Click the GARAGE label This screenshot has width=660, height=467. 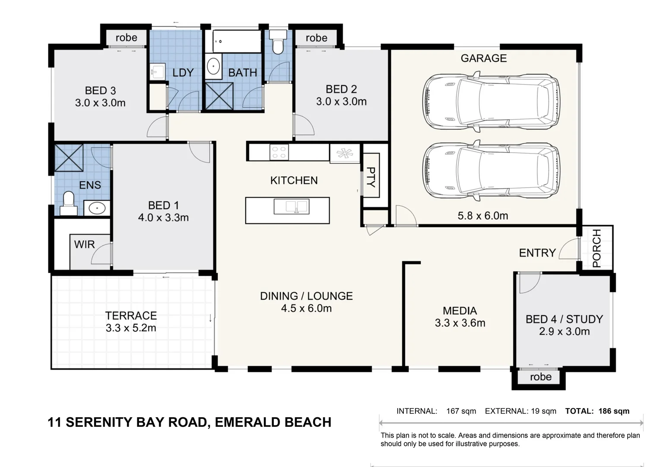[483, 58]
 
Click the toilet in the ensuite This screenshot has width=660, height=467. [68, 202]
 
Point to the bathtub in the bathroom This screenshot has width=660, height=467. [237, 41]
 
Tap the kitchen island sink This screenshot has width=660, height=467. [291, 207]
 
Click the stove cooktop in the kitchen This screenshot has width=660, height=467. [279, 152]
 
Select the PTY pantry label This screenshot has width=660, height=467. [371, 176]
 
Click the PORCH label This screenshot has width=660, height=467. [597, 248]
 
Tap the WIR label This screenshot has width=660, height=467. [84, 244]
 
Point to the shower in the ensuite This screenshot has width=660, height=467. [69, 158]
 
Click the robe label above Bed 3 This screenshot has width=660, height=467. [126, 38]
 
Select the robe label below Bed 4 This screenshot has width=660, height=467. [540, 377]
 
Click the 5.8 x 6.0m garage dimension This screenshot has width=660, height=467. [482, 215]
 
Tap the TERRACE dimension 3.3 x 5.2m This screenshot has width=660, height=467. [130, 328]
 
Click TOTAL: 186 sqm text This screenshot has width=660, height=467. [597, 411]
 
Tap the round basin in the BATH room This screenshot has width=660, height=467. [213, 67]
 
